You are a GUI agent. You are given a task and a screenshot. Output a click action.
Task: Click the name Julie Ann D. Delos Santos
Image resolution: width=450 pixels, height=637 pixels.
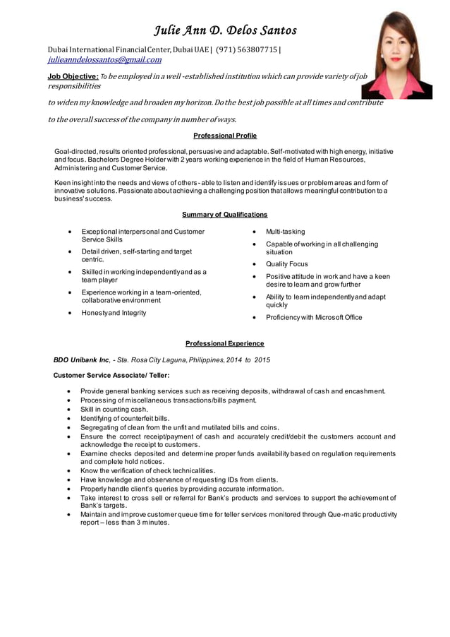tap(226, 30)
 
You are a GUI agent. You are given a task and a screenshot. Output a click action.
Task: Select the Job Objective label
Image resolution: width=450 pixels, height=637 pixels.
tap(73, 76)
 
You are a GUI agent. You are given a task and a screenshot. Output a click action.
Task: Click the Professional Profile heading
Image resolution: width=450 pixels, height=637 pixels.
tap(225, 136)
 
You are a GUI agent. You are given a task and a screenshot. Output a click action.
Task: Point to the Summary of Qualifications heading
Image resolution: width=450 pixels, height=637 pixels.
tap(225, 215)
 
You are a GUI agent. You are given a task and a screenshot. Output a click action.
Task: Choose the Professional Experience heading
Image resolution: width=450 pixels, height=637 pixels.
tap(225, 344)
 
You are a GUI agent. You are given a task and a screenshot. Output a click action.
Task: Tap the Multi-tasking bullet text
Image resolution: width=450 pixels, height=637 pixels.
tap(286, 232)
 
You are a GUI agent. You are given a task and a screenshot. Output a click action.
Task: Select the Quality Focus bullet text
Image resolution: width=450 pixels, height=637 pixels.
tap(287, 264)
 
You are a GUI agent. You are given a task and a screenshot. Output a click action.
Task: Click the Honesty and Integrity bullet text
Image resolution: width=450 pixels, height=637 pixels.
tap(114, 313)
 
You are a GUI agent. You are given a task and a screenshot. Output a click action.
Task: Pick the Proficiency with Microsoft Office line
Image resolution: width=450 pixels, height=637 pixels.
tap(314, 318)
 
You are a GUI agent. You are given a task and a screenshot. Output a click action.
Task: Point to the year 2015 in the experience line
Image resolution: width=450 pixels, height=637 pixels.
tap(262, 360)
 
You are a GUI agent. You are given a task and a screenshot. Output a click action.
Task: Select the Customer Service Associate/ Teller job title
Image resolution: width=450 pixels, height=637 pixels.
tap(111, 376)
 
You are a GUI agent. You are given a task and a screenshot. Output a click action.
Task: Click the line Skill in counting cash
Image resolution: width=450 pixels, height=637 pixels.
tap(114, 410)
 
